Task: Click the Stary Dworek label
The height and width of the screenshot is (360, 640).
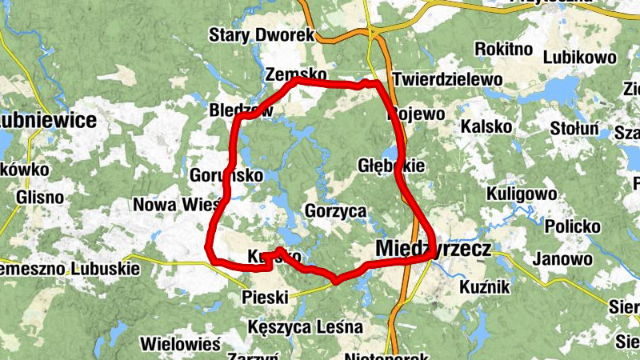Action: (x=262, y=35)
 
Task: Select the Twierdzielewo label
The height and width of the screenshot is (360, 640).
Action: (x=447, y=80)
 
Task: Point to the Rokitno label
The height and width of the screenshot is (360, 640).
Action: (x=503, y=50)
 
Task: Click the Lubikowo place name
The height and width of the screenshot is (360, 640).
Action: (x=579, y=58)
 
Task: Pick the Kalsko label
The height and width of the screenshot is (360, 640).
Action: (x=486, y=127)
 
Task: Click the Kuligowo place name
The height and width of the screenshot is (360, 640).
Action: (x=522, y=194)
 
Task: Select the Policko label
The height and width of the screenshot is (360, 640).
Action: (x=572, y=226)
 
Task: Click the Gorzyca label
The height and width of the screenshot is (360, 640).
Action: (x=335, y=212)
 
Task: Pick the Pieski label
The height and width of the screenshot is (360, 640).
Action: (x=264, y=298)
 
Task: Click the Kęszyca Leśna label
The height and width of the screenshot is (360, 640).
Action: (x=305, y=327)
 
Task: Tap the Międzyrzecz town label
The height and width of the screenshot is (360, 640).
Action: (x=433, y=250)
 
